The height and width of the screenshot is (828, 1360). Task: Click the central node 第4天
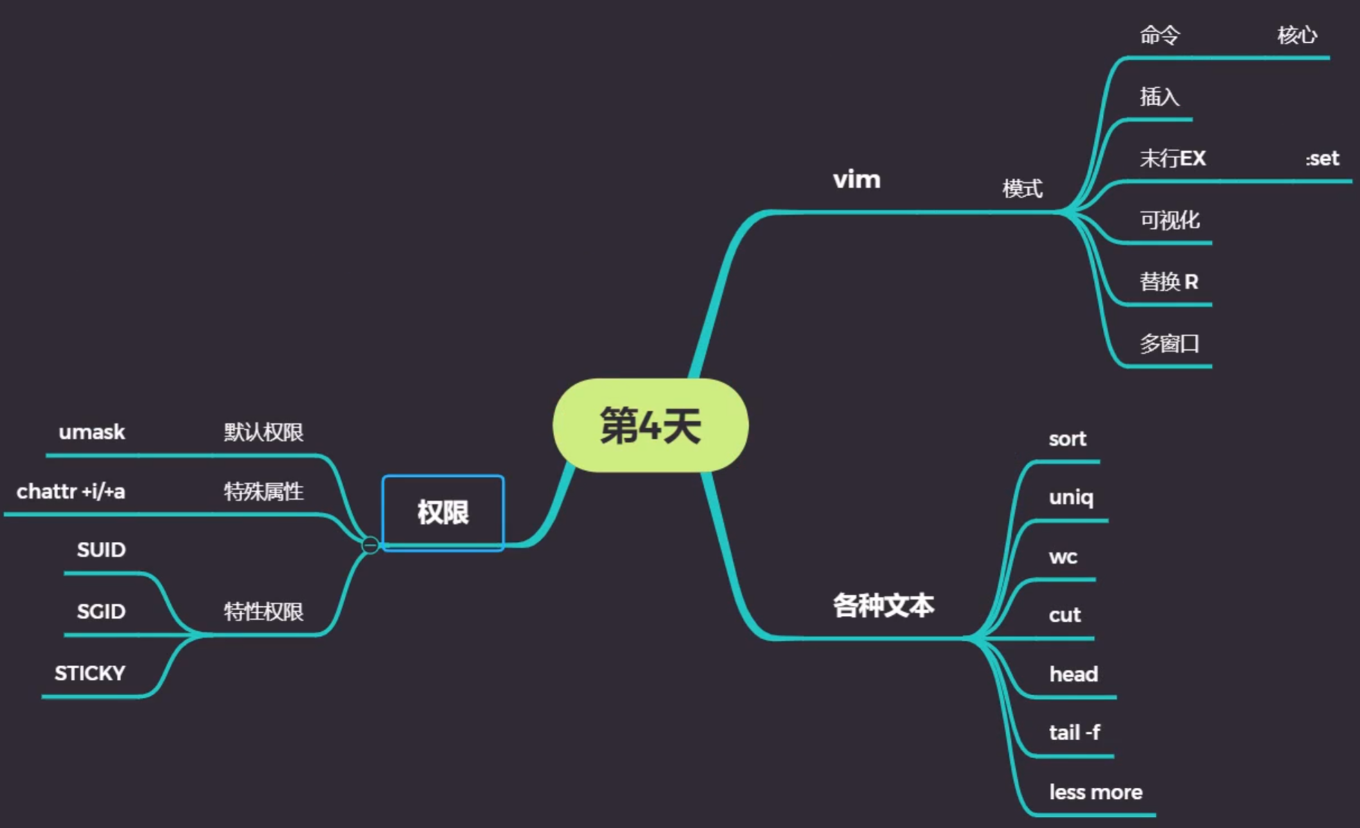click(650, 425)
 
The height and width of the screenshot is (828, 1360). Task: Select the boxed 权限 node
click(443, 513)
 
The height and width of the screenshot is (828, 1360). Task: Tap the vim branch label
click(856, 179)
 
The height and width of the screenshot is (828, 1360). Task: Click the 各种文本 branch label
click(883, 605)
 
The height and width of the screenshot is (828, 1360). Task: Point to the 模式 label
click(1022, 188)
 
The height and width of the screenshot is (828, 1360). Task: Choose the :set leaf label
click(1322, 159)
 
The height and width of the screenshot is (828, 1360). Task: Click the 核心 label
click(1297, 35)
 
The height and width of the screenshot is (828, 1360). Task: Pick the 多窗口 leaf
click(1169, 343)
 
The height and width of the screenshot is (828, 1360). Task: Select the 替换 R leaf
click(1169, 281)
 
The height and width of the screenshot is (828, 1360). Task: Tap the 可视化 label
click(1169, 220)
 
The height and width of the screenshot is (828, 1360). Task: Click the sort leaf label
click(1067, 439)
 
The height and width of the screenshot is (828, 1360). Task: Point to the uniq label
click(1070, 497)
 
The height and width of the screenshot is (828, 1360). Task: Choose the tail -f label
click(1074, 732)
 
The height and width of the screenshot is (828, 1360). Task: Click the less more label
click(1095, 792)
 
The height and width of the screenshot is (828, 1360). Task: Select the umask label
click(91, 432)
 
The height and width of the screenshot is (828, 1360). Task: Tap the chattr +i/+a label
click(71, 491)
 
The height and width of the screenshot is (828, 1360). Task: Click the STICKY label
click(90, 673)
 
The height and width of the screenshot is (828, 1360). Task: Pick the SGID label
click(101, 611)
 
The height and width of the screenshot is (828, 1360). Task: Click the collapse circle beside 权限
click(370, 545)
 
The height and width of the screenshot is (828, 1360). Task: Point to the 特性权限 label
click(263, 611)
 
